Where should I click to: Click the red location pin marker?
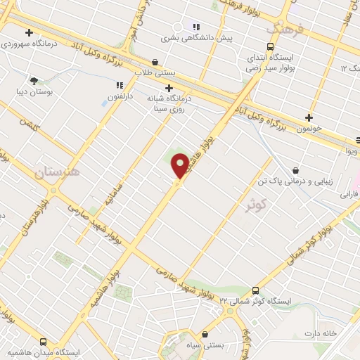[x=180, y=167]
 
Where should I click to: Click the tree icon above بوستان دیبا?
[x=34, y=80]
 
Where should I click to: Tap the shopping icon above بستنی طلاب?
[x=155, y=62]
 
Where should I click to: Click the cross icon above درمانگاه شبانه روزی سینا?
[x=169, y=88]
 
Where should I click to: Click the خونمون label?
[x=309, y=129]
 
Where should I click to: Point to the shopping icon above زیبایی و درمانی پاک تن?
[x=295, y=169]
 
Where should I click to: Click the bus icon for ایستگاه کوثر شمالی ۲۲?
[x=255, y=290]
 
